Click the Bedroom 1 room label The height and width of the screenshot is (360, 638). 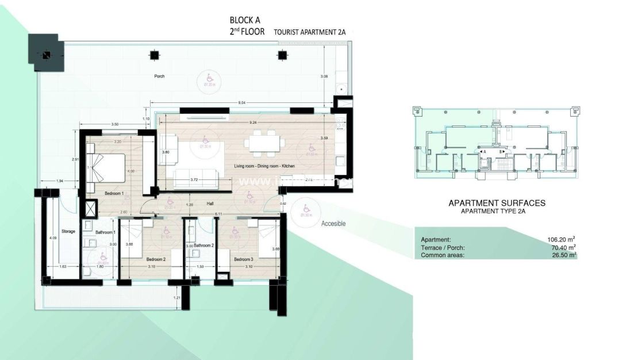(114, 194)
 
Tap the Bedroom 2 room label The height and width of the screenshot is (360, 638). (155, 259)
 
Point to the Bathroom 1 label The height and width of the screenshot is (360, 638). (106, 232)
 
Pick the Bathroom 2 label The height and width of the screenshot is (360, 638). (203, 245)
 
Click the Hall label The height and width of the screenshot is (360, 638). (210, 204)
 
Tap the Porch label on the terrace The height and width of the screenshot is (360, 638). (159, 76)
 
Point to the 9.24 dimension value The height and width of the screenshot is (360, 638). (253, 122)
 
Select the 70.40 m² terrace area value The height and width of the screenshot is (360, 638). (563, 247)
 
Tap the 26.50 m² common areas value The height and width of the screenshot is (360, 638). (563, 255)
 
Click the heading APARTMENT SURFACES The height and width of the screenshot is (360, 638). (497, 203)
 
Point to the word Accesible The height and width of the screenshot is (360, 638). (333, 224)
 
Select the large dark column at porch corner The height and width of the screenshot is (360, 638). (45, 53)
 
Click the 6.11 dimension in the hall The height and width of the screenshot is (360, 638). (218, 214)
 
